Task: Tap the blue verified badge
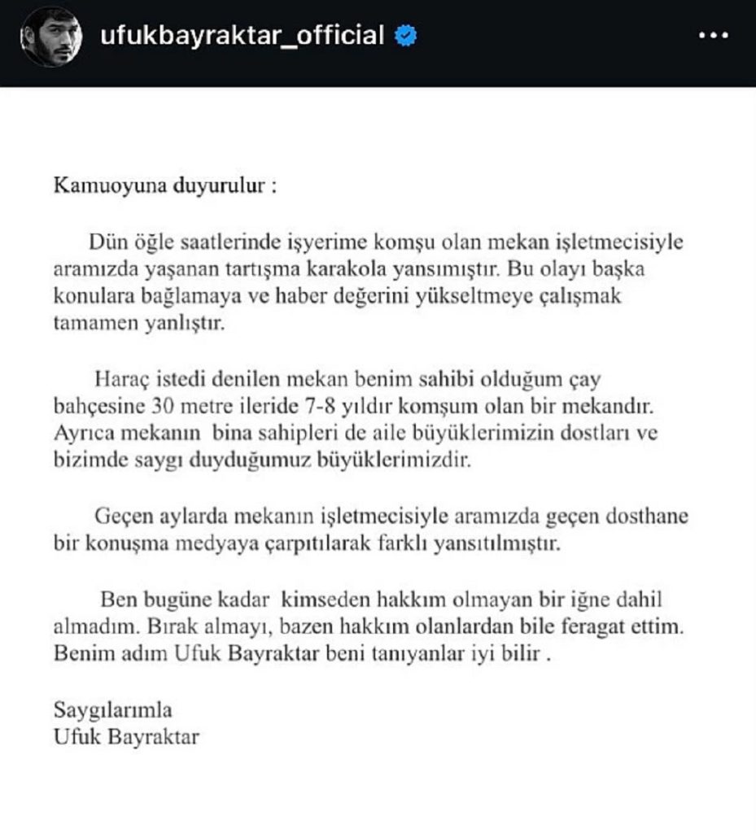tap(404, 36)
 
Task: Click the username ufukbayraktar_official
tap(241, 36)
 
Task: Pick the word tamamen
tap(88, 323)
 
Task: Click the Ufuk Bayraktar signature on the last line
tap(126, 738)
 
